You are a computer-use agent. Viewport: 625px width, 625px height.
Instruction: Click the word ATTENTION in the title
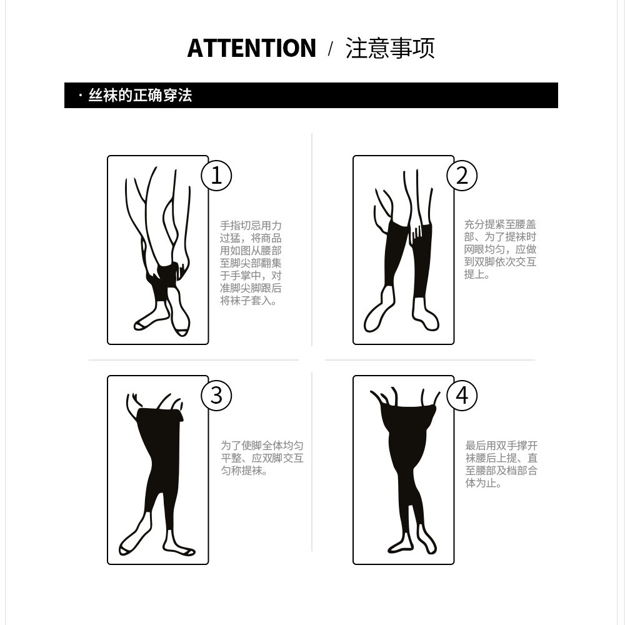coord(251,48)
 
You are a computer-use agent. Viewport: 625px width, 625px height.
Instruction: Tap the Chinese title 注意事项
coord(390,48)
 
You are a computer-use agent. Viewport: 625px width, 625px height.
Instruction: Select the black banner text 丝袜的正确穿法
coord(140,95)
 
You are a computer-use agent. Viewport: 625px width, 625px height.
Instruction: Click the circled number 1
coord(216,176)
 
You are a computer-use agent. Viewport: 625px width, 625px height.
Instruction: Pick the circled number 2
coord(462,176)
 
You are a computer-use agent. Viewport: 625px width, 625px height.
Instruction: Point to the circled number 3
coord(216,396)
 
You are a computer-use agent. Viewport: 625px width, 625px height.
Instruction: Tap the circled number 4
coord(462,396)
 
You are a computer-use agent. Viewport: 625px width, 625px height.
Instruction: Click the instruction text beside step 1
coord(251,263)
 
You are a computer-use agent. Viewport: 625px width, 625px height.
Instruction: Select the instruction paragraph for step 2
coord(500,249)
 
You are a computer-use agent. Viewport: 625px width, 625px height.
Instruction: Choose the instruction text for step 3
coord(262,458)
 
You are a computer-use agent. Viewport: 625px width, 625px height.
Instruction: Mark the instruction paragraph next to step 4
coord(501,464)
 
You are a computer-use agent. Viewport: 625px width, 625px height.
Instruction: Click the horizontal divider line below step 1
coord(194,360)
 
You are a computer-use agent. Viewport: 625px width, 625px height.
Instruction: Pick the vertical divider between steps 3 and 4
coord(312,462)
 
